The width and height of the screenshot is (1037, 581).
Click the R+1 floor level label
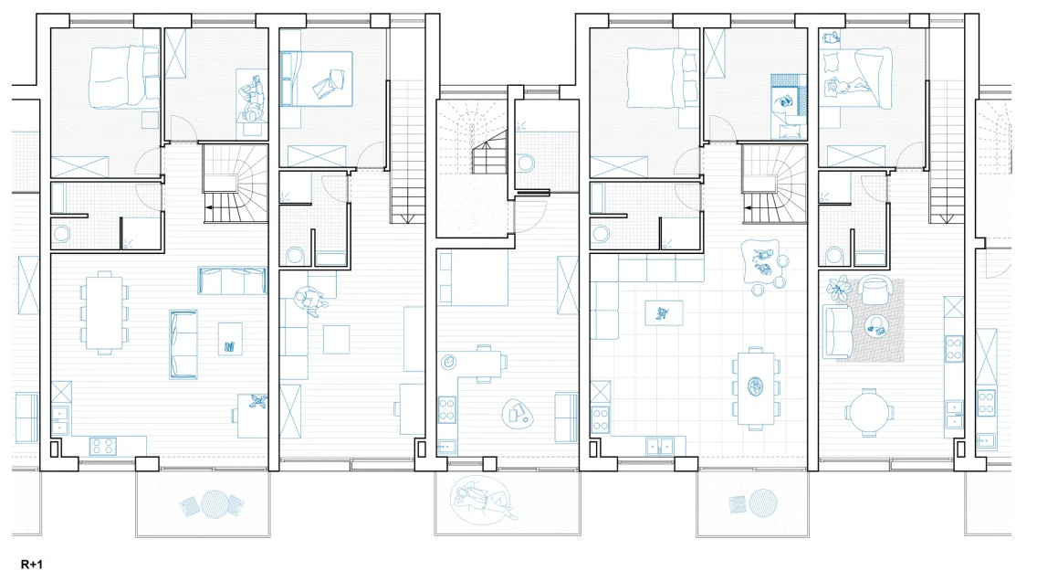(32, 565)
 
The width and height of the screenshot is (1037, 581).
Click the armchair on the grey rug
(876, 289)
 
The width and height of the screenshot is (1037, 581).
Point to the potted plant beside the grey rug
(839, 289)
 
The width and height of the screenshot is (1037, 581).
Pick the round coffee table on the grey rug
(877, 325)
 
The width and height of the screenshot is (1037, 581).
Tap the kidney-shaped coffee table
(518, 413)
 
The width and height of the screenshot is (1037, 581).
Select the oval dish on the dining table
(755, 386)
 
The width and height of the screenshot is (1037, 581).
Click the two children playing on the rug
(765, 262)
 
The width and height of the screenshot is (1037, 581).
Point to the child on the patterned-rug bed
(786, 102)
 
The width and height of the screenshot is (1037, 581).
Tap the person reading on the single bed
(252, 100)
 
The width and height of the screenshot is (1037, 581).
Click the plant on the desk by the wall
(257, 400)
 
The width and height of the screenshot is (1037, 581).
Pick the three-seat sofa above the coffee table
(232, 280)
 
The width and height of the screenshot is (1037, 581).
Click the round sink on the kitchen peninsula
(449, 362)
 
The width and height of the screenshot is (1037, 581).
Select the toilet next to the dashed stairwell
(526, 163)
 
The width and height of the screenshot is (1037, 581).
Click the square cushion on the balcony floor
(191, 507)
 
